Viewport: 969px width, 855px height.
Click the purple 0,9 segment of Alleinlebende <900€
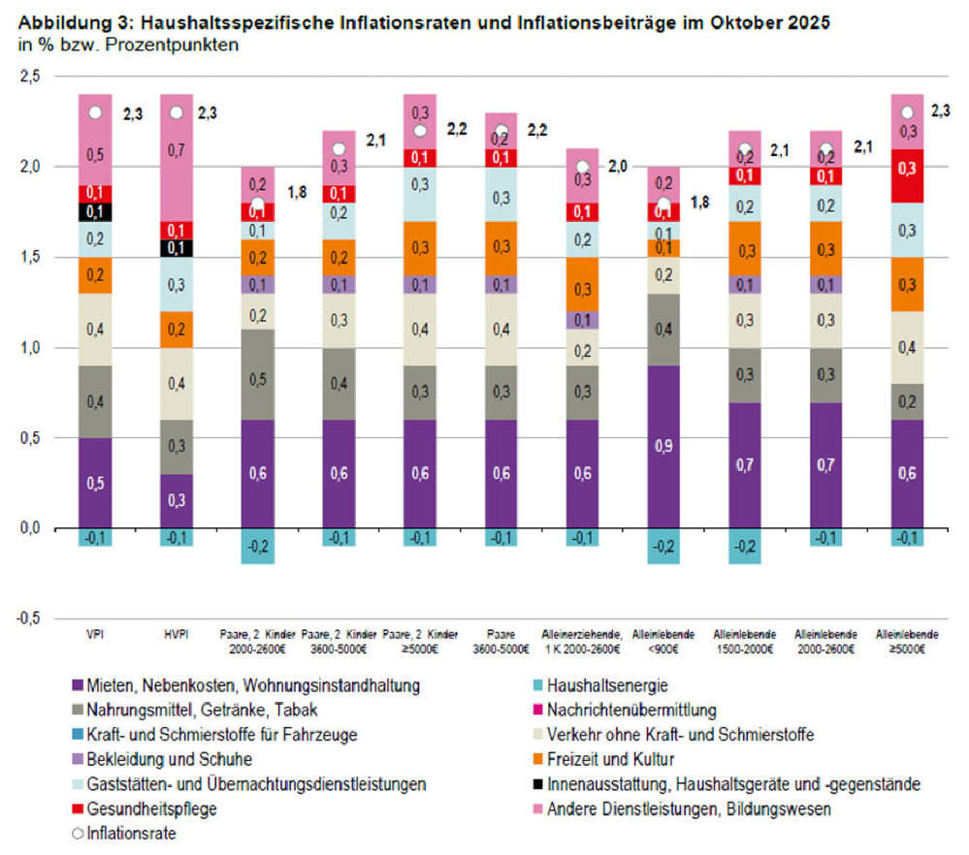663,447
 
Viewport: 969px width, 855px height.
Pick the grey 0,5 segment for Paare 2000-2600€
258,374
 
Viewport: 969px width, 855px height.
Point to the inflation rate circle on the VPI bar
95,112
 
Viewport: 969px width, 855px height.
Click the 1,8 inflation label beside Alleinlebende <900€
700,204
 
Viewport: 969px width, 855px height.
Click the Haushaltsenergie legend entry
605,684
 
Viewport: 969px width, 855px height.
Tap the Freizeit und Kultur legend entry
610,758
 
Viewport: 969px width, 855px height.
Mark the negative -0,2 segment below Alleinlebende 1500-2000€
745,547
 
